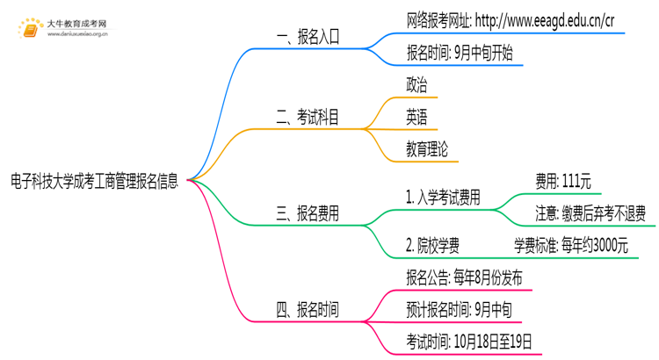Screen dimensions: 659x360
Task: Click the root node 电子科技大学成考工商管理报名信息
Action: (95, 181)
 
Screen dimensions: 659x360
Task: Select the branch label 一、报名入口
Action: (308, 37)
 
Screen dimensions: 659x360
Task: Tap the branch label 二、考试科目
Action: (308, 117)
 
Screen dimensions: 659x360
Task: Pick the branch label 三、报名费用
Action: (308, 213)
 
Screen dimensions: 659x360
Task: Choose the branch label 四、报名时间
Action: (308, 310)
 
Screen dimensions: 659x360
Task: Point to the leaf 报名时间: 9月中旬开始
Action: (460, 53)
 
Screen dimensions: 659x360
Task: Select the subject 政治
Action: (416, 85)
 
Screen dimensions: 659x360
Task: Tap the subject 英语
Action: (416, 117)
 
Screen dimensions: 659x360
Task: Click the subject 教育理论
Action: (427, 149)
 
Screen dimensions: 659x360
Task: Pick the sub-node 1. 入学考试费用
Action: (443, 198)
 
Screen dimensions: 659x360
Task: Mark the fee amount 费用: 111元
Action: (563, 182)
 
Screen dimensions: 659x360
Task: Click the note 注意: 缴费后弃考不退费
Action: (590, 213)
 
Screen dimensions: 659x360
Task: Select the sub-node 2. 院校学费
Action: (432, 246)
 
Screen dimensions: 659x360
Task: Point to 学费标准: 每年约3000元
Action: (571, 246)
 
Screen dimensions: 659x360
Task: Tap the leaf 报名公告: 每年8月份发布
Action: (464, 277)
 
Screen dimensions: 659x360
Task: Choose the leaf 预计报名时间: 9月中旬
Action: (459, 310)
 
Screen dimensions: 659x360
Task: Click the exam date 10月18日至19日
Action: (493, 342)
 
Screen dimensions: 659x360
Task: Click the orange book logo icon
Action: (30, 29)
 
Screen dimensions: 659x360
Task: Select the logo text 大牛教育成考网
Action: (76, 24)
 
